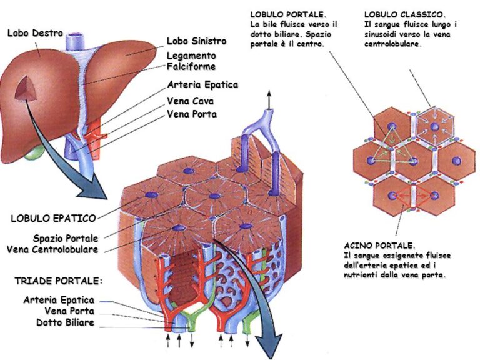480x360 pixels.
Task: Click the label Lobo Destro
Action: pyautogui.click(x=35, y=33)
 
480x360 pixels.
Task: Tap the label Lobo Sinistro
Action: pyautogui.click(x=196, y=41)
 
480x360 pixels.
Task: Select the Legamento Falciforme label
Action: pyautogui.click(x=191, y=61)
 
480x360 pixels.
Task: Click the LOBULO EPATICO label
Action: pyautogui.click(x=53, y=219)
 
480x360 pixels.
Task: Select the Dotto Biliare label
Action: pyautogui.click(x=65, y=322)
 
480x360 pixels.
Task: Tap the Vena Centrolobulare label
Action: pyautogui.click(x=56, y=249)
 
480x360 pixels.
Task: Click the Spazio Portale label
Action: pyautogui.click(x=66, y=238)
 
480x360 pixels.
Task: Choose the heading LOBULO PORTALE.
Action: pyautogui.click(x=287, y=14)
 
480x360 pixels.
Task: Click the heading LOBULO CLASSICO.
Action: pyautogui.click(x=405, y=14)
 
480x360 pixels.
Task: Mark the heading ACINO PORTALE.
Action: pyautogui.click(x=379, y=245)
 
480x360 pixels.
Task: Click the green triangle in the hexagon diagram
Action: pyautogui.click(x=390, y=145)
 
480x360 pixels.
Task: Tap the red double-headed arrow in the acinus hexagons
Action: pyautogui.click(x=414, y=196)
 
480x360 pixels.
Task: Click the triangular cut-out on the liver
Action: pyautogui.click(x=26, y=89)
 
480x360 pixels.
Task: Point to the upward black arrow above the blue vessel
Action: pyautogui.click(x=269, y=99)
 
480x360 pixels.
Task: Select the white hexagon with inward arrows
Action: pyautogui.click(x=435, y=128)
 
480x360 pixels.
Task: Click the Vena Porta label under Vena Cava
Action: pyautogui.click(x=192, y=114)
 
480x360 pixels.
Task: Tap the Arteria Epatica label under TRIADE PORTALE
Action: pyautogui.click(x=59, y=300)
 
